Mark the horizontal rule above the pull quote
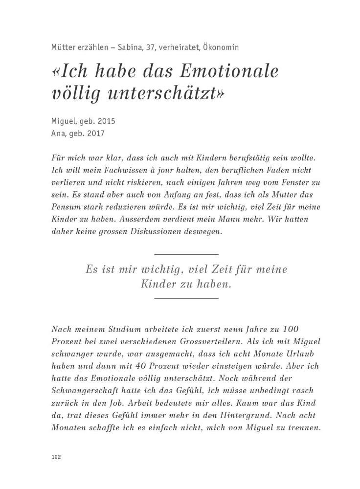[186, 254]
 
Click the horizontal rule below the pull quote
[186, 297]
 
